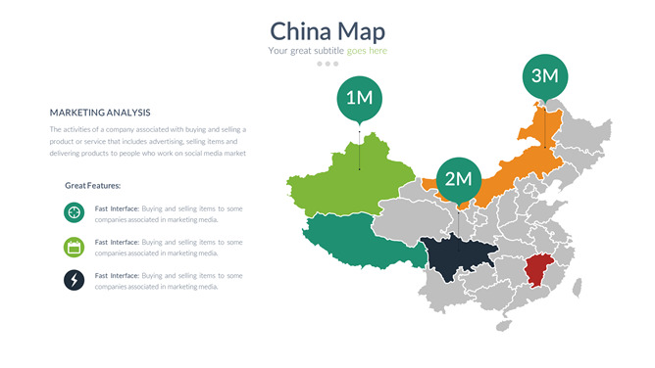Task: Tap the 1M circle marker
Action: click(x=360, y=98)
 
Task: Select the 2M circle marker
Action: click(x=459, y=178)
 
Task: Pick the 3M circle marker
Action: click(x=544, y=75)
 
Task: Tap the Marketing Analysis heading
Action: click(x=100, y=113)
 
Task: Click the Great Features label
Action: click(x=92, y=185)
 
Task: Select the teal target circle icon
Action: click(x=74, y=211)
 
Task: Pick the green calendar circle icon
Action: click(x=74, y=247)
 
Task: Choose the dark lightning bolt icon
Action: click(x=74, y=281)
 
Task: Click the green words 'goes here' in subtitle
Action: click(x=367, y=51)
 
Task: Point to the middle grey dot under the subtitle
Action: click(x=327, y=64)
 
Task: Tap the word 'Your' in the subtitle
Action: click(x=277, y=51)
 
